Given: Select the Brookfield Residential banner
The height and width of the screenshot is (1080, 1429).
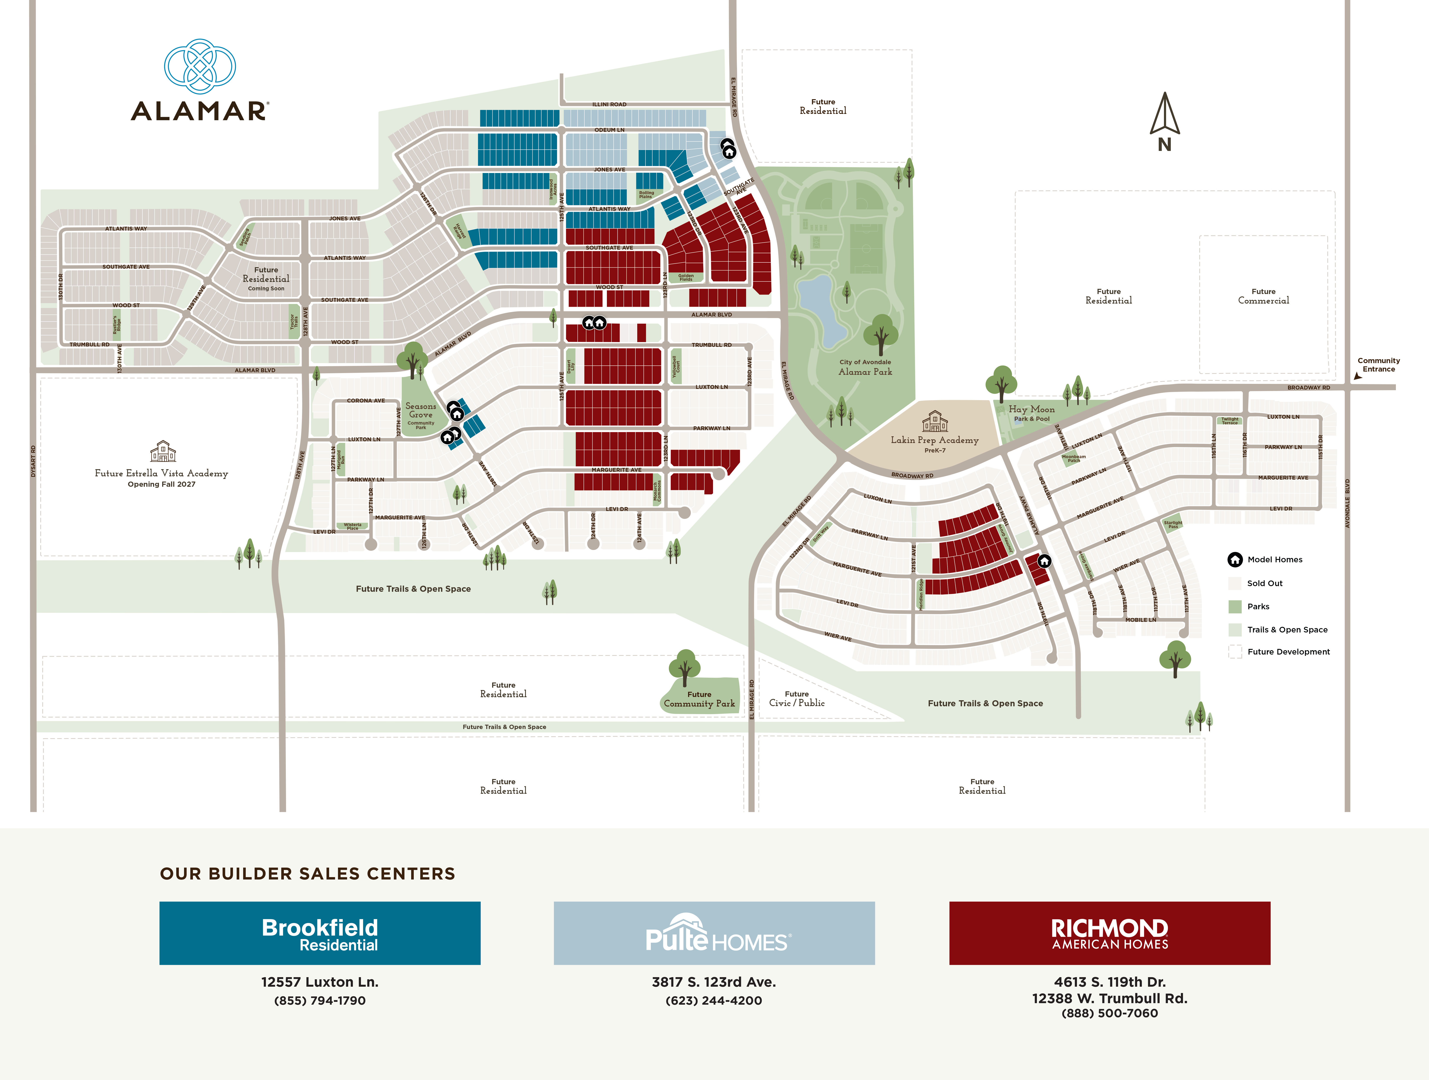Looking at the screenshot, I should tap(320, 933).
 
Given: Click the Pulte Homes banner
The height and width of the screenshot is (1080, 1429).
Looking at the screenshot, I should tap(714, 933).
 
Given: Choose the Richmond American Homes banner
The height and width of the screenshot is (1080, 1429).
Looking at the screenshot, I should tap(1109, 933).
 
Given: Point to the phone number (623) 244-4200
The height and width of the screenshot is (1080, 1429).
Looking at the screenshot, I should tap(714, 1001).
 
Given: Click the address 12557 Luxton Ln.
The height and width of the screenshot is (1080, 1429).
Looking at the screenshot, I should tap(320, 982).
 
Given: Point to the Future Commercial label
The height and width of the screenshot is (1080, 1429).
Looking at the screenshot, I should tap(1263, 296).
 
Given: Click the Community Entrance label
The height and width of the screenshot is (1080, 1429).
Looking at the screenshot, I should tap(1379, 365).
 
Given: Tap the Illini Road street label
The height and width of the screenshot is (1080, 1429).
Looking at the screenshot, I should tap(609, 104).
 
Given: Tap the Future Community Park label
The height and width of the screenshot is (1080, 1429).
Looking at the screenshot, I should tap(699, 700).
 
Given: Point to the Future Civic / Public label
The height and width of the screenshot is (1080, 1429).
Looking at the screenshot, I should tap(797, 699).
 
